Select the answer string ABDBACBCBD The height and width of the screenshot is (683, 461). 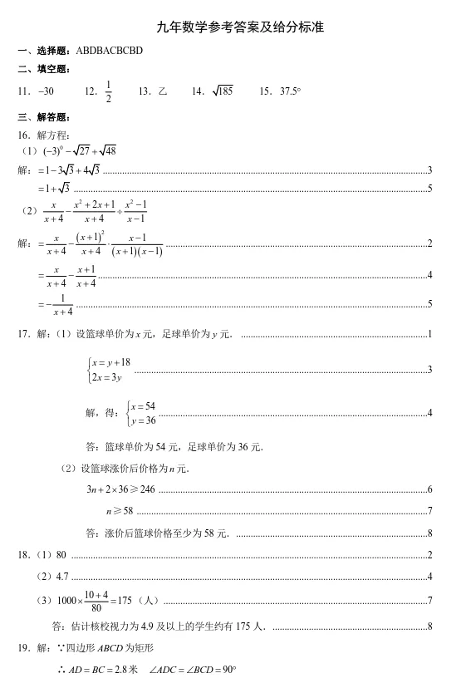[109, 51]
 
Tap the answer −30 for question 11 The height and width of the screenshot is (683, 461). [44, 91]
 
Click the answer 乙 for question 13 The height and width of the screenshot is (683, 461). [163, 91]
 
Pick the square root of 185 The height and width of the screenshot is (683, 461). [223, 91]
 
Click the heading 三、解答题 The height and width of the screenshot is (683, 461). [41, 116]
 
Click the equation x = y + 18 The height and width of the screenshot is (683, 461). [111, 361]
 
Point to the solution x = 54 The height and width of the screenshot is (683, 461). [143, 405]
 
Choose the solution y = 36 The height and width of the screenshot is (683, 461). [143, 420]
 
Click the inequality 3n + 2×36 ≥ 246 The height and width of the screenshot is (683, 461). [120, 489]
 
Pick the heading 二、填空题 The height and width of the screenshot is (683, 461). [41, 70]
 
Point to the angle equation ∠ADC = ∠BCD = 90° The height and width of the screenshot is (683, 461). [191, 670]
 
